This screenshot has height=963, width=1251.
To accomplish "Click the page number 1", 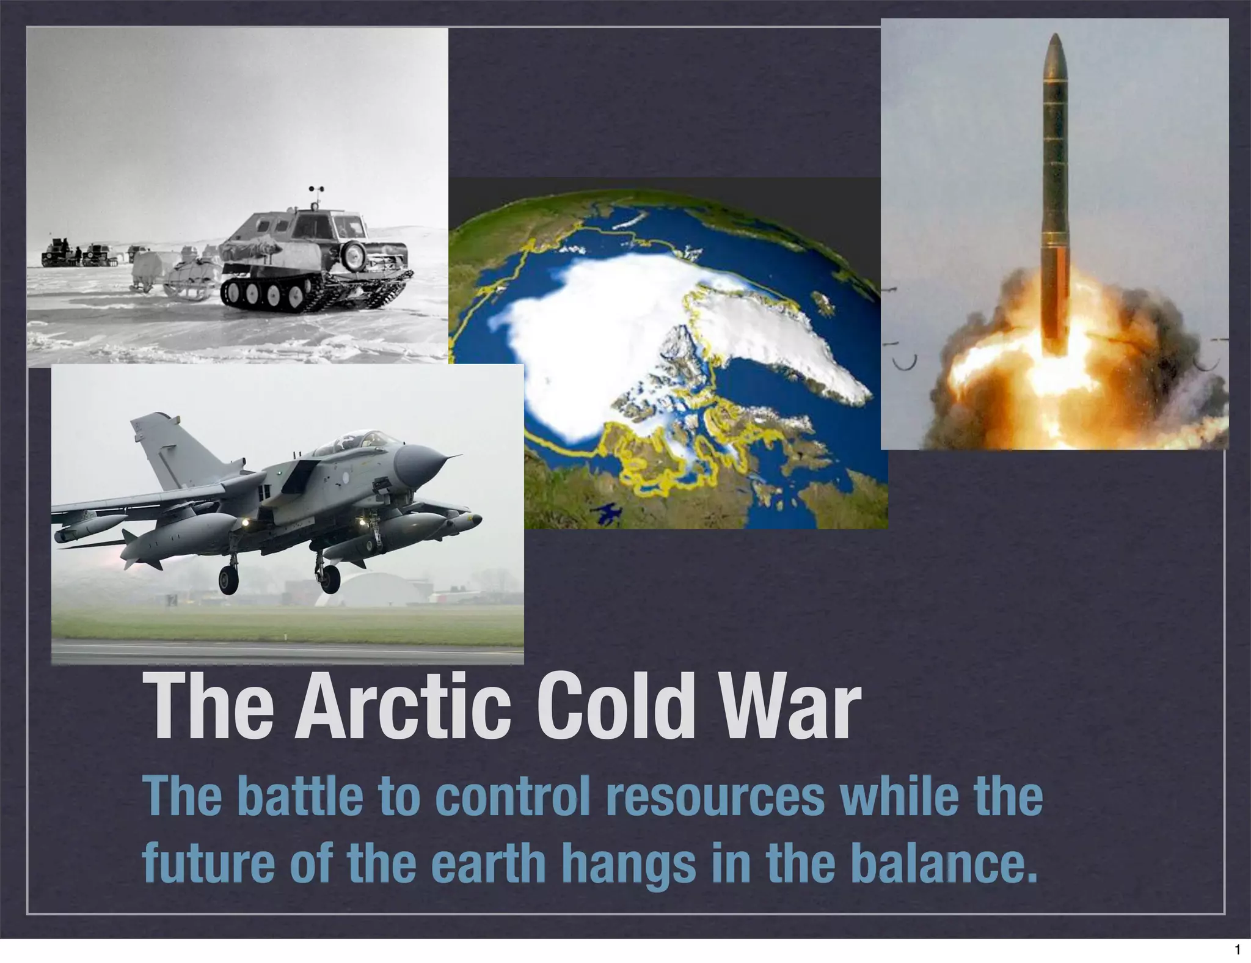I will click(1237, 950).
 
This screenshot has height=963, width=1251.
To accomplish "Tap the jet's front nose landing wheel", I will click(330, 577).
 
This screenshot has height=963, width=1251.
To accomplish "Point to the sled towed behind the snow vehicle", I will click(177, 282).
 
